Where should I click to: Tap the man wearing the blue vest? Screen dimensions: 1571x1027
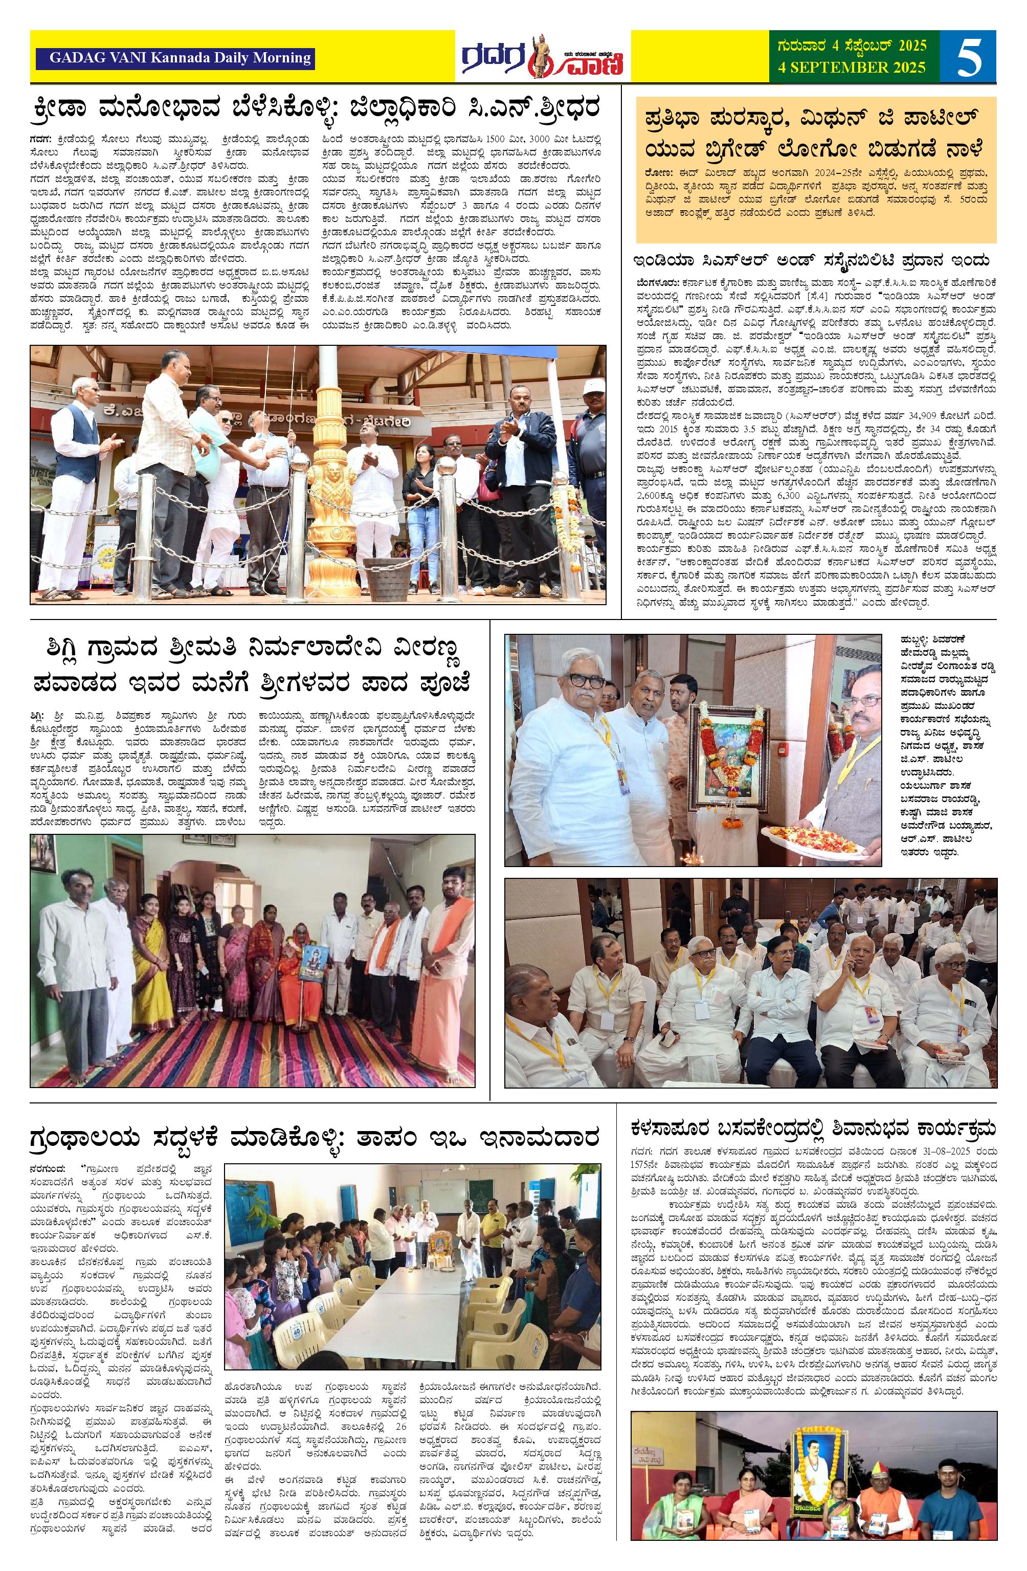[79, 475]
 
